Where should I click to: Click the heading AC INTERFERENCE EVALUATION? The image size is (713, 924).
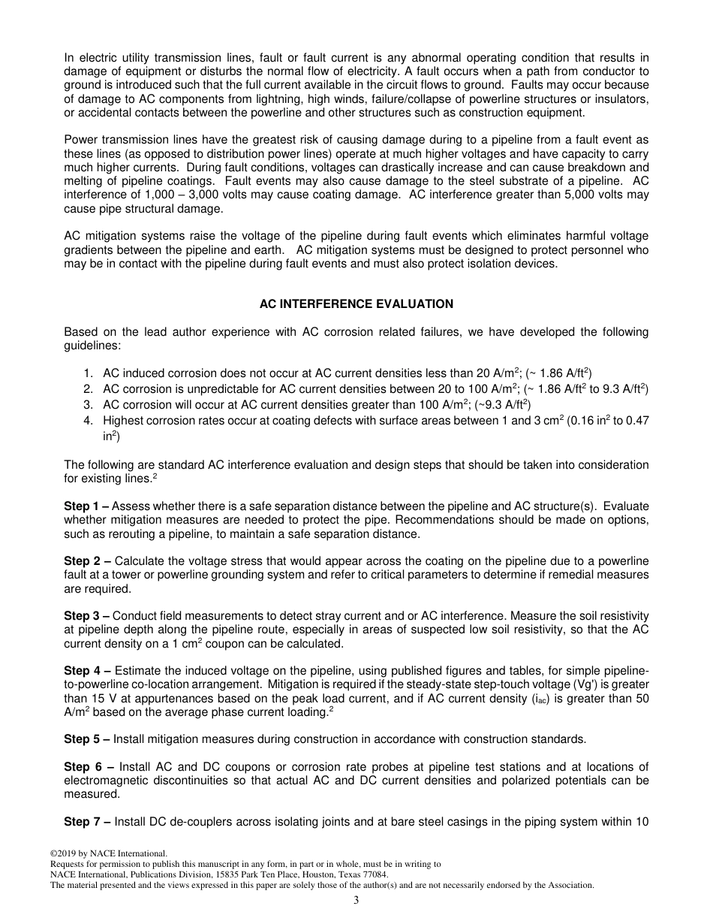[x=356, y=304]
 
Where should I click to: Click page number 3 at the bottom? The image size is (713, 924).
[x=356, y=901]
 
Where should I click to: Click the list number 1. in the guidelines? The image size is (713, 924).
[x=88, y=373]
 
